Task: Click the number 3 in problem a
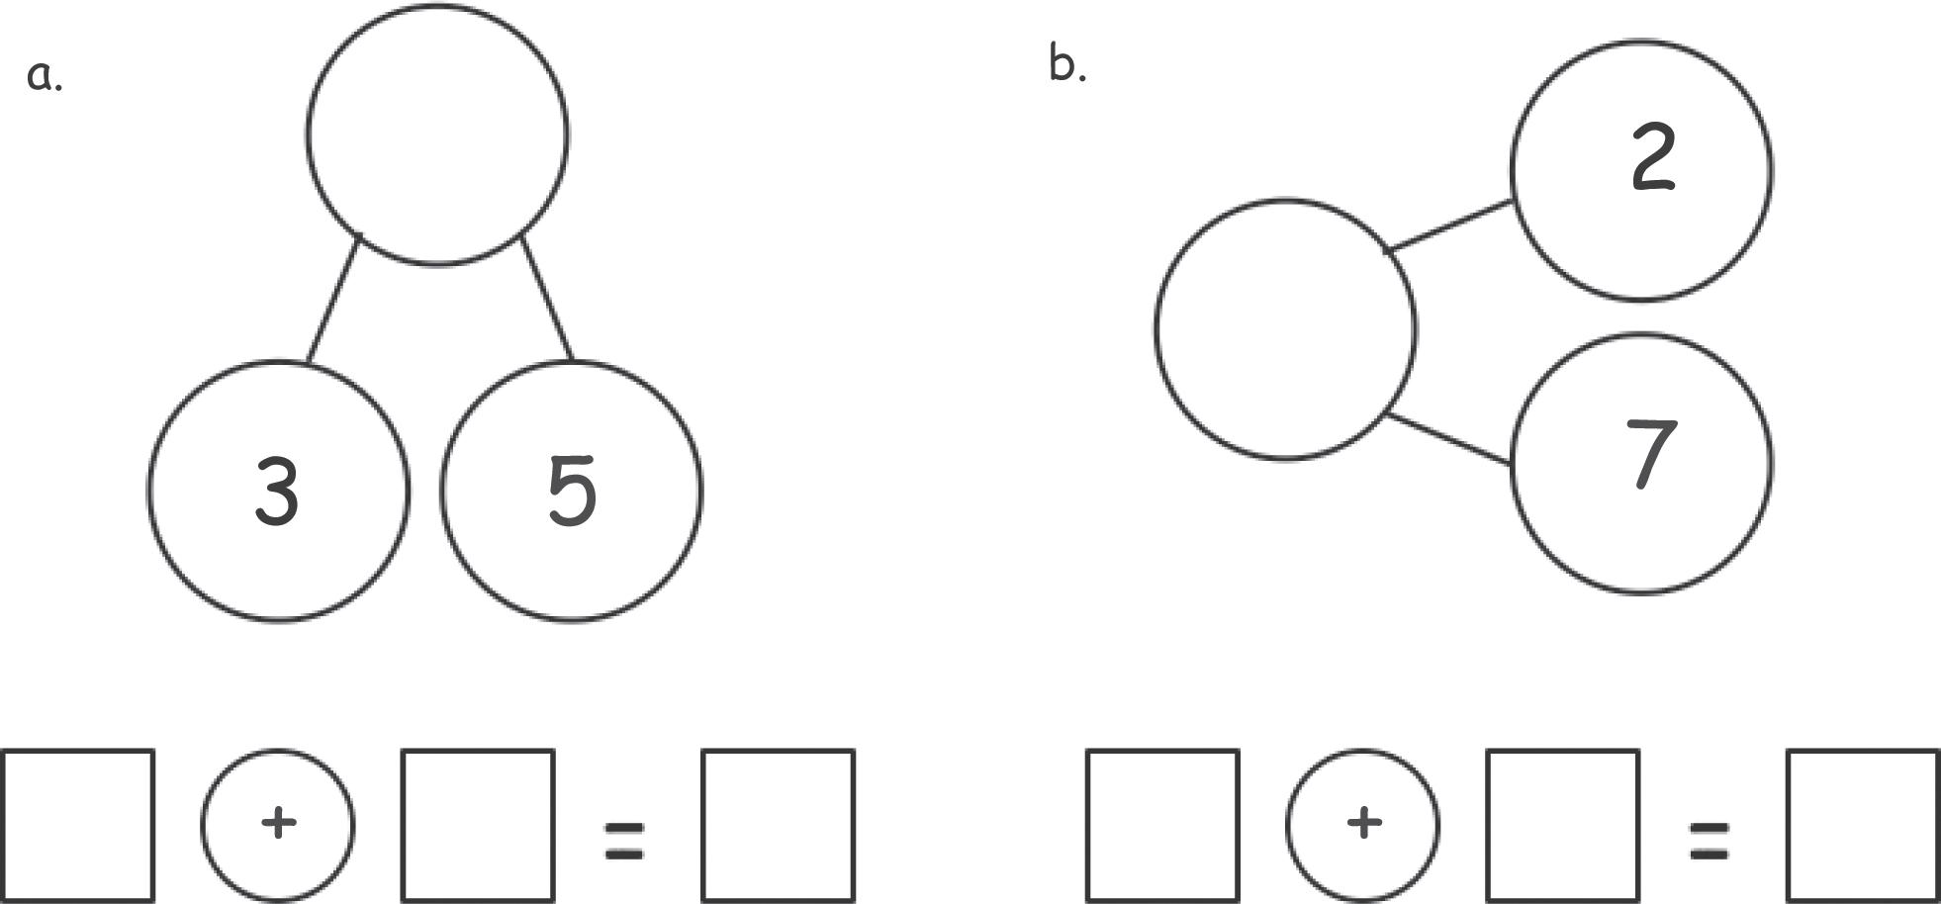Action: click(x=277, y=491)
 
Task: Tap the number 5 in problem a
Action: click(x=572, y=491)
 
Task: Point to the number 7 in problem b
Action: click(x=1650, y=453)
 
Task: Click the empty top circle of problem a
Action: click(x=437, y=135)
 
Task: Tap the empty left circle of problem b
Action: click(x=1285, y=328)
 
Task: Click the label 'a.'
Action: click(x=44, y=75)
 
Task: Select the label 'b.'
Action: click(x=1066, y=66)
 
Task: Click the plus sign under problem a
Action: click(x=278, y=823)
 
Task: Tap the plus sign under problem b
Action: click(x=1363, y=823)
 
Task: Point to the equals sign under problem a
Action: click(x=624, y=840)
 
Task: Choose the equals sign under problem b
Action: click(x=1709, y=840)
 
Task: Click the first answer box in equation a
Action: click(x=78, y=826)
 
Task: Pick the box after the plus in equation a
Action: click(x=477, y=826)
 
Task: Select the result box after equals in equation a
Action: click(x=778, y=826)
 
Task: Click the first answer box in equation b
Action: click(x=1162, y=826)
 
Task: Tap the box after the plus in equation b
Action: click(x=1561, y=826)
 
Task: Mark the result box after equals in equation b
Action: click(x=1862, y=826)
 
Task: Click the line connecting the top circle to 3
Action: click(x=333, y=299)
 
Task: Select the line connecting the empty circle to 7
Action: click(x=1448, y=439)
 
